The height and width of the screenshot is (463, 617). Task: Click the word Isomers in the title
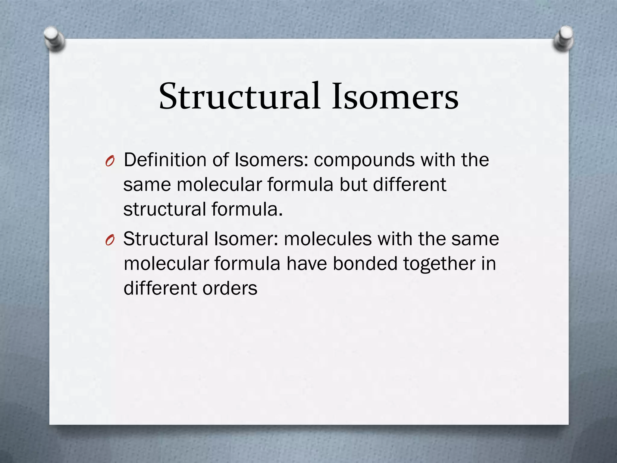point(395,96)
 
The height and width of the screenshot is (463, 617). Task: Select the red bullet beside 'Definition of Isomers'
point(110,162)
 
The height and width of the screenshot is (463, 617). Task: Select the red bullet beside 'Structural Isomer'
point(110,241)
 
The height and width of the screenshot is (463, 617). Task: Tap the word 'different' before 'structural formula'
point(409,184)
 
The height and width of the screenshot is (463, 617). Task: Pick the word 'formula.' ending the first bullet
point(247,209)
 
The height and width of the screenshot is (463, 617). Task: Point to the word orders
point(230,288)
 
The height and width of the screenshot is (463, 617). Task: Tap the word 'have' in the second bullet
point(306,264)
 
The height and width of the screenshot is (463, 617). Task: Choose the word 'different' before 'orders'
point(160,288)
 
